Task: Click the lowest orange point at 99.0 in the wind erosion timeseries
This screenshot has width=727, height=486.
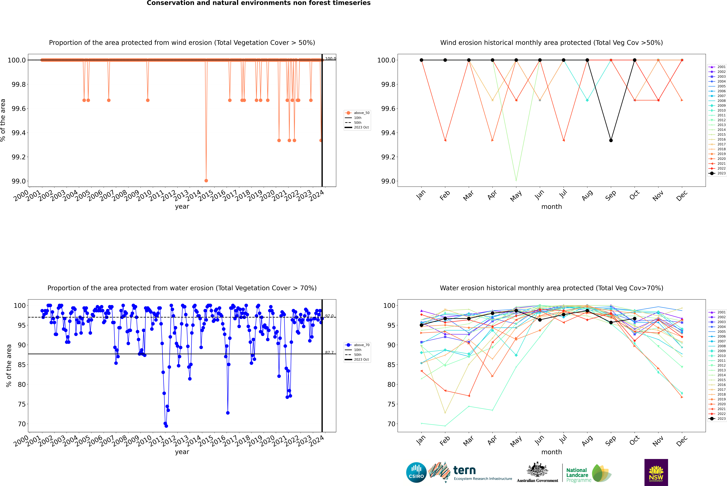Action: [x=206, y=180]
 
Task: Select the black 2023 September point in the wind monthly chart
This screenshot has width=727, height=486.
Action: [x=611, y=140]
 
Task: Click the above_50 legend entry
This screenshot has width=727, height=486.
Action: [x=357, y=113]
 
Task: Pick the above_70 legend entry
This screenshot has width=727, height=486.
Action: [x=357, y=345]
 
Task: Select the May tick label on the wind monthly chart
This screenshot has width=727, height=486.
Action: [x=516, y=196]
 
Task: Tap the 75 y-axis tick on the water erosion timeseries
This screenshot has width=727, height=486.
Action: [x=22, y=404]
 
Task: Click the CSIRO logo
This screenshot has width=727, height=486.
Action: [x=416, y=472]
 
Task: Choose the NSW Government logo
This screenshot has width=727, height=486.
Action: [x=656, y=472]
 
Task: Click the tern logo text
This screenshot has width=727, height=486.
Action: [x=464, y=470]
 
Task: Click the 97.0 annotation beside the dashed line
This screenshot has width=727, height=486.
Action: [x=329, y=316]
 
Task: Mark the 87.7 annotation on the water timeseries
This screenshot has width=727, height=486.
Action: [x=329, y=352]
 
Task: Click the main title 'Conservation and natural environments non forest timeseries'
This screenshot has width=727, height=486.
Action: [x=258, y=3]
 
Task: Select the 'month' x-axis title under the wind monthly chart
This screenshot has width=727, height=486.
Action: [x=551, y=207]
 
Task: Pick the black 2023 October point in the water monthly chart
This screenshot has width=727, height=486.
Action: [x=634, y=319]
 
